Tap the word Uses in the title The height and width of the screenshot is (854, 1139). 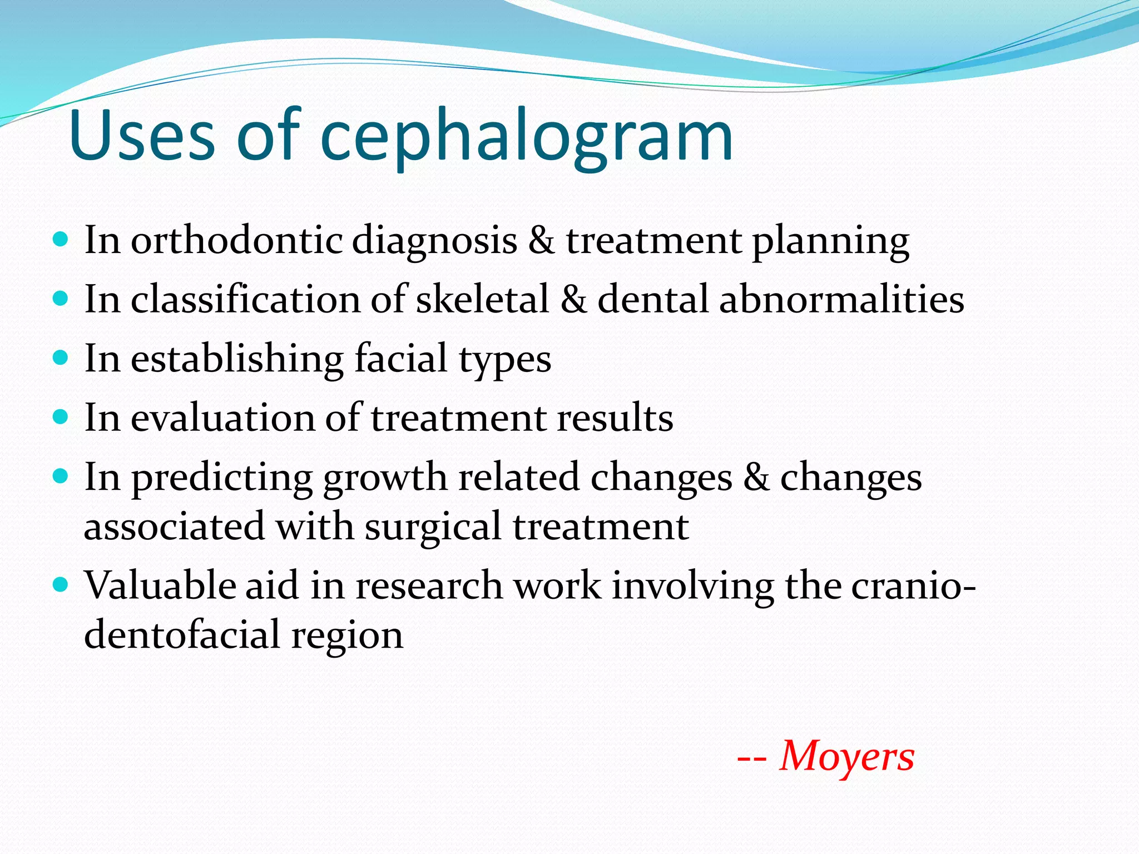click(x=142, y=136)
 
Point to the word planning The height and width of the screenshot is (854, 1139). click(x=831, y=242)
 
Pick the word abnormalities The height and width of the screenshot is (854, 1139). click(x=841, y=299)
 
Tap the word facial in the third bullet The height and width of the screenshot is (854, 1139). click(x=401, y=358)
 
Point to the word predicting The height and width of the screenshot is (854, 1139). click(x=222, y=478)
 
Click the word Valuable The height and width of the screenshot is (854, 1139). click(x=160, y=585)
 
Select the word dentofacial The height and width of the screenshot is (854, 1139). click(x=182, y=634)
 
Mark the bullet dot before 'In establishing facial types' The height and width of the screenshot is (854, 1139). click(x=60, y=356)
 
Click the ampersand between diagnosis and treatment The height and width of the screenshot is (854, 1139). click(x=541, y=241)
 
